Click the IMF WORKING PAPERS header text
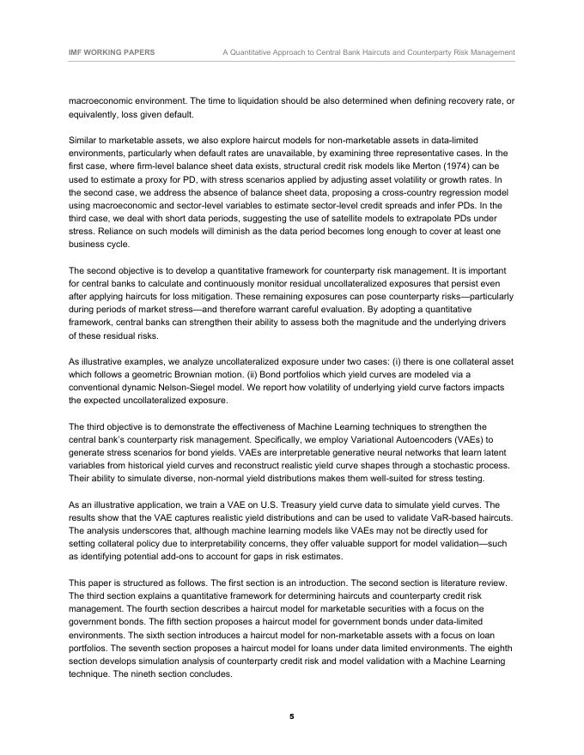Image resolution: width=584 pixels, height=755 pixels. coord(112,52)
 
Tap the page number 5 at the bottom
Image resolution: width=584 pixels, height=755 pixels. coord(292,716)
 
